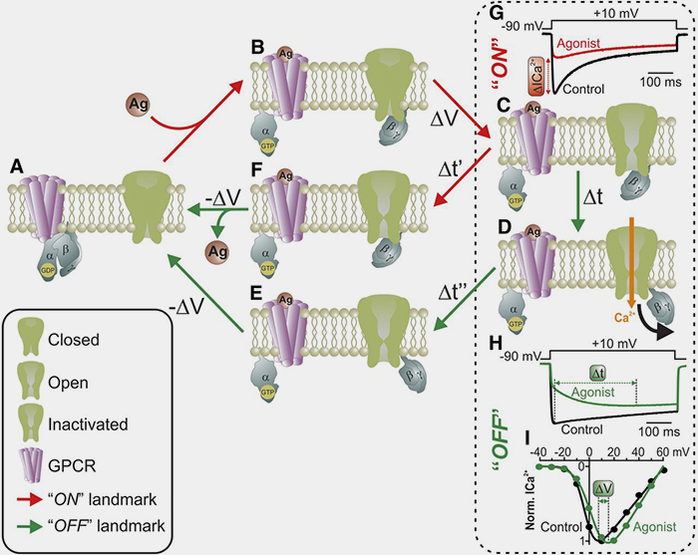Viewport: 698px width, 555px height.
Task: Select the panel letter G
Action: (x=495, y=13)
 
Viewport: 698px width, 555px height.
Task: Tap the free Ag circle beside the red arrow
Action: (x=141, y=103)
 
